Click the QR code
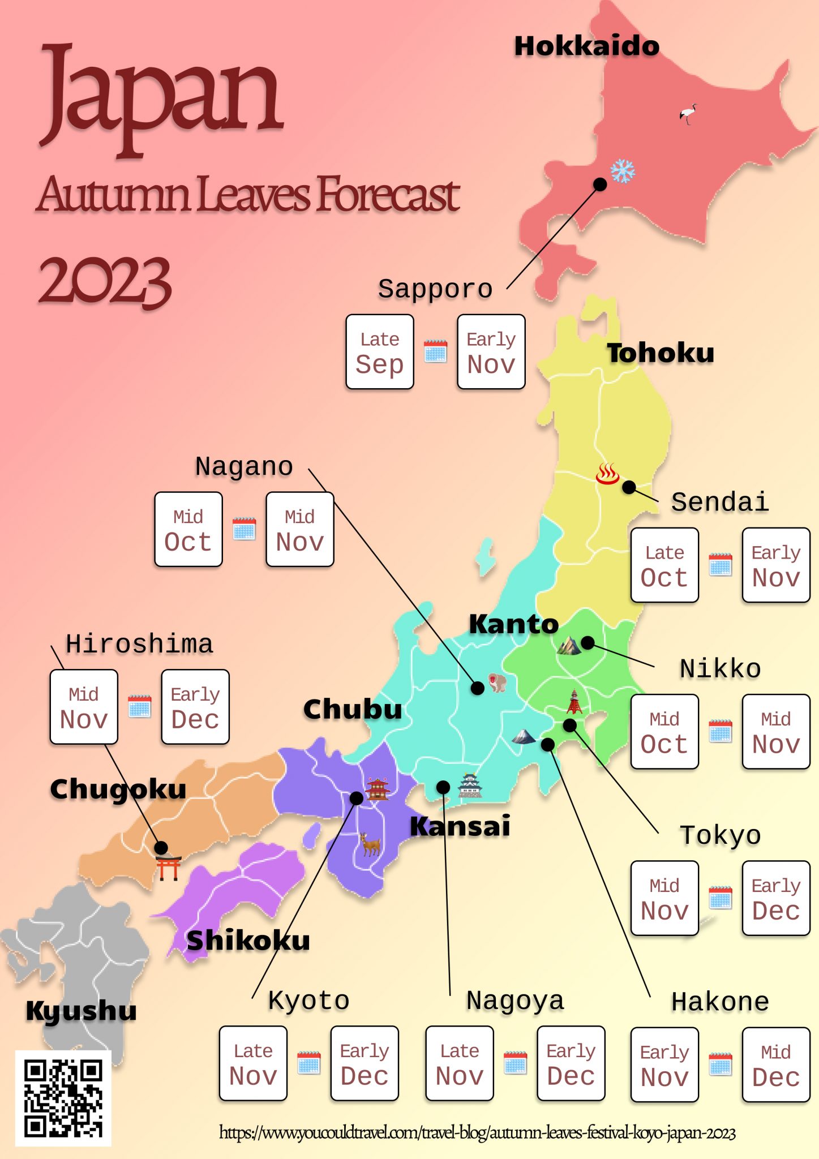point(63,1098)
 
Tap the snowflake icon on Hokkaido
point(623,171)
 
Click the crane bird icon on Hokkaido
point(688,114)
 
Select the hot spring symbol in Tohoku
point(607,474)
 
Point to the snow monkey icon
point(497,682)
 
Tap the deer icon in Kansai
point(370,844)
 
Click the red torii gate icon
point(169,868)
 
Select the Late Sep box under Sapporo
point(380,352)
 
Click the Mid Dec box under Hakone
point(776,1065)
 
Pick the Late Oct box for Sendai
point(664,565)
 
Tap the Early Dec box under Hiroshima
point(195,707)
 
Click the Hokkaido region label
point(587,46)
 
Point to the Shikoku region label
point(248,941)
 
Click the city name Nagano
point(244,467)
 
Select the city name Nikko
point(720,669)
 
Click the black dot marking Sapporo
point(600,184)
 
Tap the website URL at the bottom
point(477,1133)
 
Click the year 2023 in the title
point(105,281)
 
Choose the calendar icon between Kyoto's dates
point(309,1063)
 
